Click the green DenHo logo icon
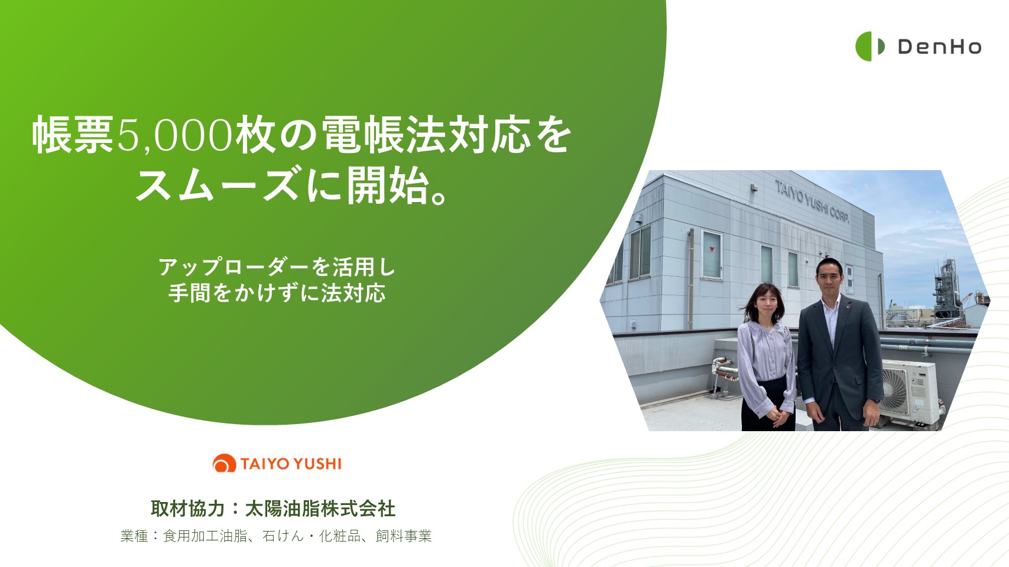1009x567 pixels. (870, 46)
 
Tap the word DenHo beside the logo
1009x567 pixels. (940, 47)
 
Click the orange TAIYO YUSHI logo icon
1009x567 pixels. (225, 463)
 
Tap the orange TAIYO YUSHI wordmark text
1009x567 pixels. (291, 464)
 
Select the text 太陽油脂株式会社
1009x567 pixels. (320, 509)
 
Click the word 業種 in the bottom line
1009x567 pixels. (134, 536)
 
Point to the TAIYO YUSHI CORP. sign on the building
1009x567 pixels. (812, 201)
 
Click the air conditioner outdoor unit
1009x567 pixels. (910, 392)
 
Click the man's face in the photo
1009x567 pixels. (829, 279)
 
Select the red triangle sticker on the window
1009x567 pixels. (712, 249)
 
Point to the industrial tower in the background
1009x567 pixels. (946, 288)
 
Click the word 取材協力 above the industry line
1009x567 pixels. (188, 509)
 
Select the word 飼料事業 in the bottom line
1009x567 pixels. (404, 536)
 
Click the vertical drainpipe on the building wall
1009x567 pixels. (691, 279)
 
